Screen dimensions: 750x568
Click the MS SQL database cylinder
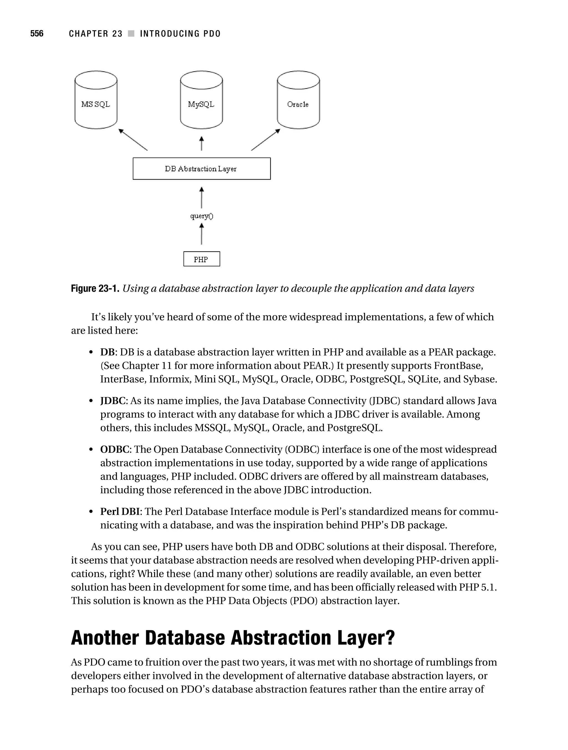96,100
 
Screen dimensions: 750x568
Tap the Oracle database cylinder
298,100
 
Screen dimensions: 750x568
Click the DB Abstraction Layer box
202,169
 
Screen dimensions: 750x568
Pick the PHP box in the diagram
202,259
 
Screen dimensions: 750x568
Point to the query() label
202,216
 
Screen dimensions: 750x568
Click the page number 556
37,34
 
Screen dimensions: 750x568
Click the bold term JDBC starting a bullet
113,401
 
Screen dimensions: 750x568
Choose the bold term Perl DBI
120,511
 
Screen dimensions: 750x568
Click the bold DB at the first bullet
107,352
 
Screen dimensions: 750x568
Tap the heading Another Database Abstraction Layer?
233,638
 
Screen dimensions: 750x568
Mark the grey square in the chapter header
131,34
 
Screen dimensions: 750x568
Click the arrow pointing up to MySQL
202,143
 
